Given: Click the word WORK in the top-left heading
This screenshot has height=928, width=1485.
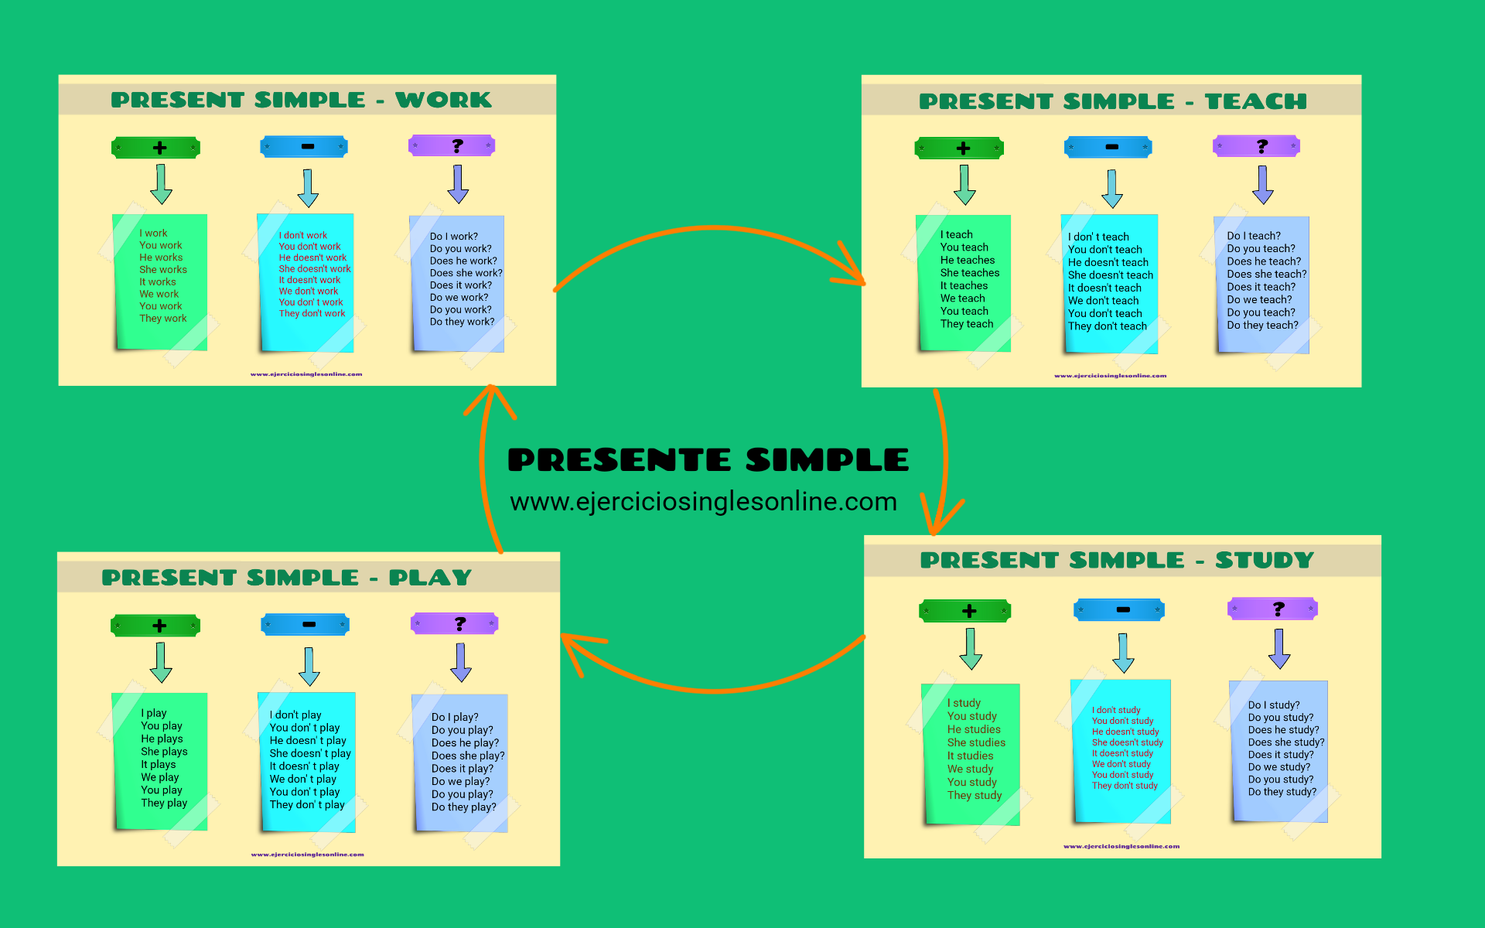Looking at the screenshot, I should pyautogui.click(x=443, y=100).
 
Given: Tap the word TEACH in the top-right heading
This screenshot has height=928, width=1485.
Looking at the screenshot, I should pyautogui.click(x=1255, y=101).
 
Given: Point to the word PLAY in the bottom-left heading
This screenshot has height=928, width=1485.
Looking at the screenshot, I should pyautogui.click(x=430, y=578).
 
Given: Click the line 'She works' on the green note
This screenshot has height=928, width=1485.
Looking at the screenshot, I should pyautogui.click(x=163, y=270).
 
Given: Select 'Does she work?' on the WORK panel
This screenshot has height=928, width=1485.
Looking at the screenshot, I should pyautogui.click(x=466, y=273).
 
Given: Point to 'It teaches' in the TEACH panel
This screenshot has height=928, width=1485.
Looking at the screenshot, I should pyautogui.click(x=964, y=285).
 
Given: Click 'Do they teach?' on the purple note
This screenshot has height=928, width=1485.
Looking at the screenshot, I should pyautogui.click(x=1262, y=326).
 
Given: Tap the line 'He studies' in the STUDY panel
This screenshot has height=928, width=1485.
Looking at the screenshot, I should pyautogui.click(x=974, y=729).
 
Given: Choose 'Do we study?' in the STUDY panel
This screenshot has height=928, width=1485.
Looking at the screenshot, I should pyautogui.click(x=1278, y=767).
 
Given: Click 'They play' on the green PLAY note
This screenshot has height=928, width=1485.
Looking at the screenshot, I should pyautogui.click(x=164, y=803).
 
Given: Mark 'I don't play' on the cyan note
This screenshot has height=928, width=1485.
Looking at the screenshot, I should pyautogui.click(x=295, y=715).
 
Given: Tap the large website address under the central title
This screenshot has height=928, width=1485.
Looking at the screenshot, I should pyautogui.click(x=703, y=502).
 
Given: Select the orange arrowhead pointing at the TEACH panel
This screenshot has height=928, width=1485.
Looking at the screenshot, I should pyautogui.click(x=850, y=270).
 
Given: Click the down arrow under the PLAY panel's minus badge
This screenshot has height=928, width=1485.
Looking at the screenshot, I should pyautogui.click(x=309, y=666).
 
